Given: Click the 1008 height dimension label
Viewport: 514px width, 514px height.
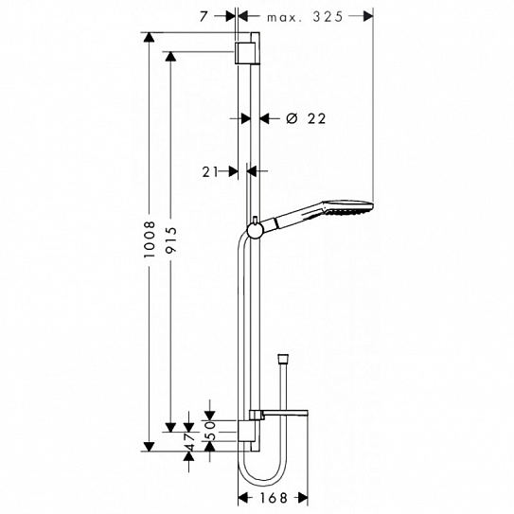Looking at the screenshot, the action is [x=150, y=239].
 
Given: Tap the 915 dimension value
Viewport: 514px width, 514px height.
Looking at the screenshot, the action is [x=170, y=239].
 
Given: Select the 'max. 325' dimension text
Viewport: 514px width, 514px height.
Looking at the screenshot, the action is [x=305, y=17].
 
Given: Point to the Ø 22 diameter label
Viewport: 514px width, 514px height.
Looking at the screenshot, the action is [x=306, y=118].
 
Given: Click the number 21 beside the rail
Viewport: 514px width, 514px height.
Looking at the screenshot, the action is [x=210, y=171].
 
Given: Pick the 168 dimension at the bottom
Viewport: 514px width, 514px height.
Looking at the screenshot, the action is [x=274, y=498].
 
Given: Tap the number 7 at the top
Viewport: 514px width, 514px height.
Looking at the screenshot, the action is [x=204, y=16].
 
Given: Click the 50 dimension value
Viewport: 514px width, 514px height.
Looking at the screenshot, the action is [x=211, y=431].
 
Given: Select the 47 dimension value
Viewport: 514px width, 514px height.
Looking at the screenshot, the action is [x=190, y=441].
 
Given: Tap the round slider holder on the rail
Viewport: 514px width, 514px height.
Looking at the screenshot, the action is [x=255, y=229].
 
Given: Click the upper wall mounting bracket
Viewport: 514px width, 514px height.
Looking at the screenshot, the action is [x=243, y=52].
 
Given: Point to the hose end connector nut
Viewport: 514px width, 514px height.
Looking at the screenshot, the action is [x=283, y=358].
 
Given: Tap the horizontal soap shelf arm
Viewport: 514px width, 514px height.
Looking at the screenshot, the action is [x=285, y=413].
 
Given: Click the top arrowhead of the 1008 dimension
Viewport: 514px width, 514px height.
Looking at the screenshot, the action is [x=149, y=37].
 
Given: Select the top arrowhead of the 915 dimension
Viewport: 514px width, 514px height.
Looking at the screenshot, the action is [x=170, y=57].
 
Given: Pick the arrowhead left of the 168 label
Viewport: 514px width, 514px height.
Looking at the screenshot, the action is [x=243, y=498].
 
